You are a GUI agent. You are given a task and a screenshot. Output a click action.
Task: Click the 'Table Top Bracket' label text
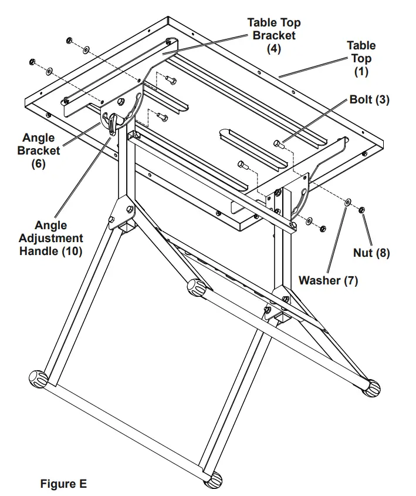pyautogui.click(x=273, y=29)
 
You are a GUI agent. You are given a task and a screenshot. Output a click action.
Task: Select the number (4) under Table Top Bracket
pyautogui.click(x=273, y=49)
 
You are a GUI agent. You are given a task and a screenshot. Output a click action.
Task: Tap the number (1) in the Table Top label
pyautogui.click(x=361, y=72)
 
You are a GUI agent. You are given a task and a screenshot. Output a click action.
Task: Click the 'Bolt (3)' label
pyautogui.click(x=369, y=99)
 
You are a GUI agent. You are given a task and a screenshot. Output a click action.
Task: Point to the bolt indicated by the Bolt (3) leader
pyautogui.click(x=279, y=143)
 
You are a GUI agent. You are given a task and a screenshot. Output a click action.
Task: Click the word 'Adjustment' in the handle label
pyautogui.click(x=51, y=238)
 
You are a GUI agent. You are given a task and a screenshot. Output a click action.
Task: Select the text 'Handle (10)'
pyautogui.click(x=51, y=251)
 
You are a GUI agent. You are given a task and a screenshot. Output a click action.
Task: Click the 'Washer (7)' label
pyautogui.click(x=328, y=280)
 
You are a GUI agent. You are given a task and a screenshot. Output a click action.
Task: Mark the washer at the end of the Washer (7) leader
pyautogui.click(x=349, y=202)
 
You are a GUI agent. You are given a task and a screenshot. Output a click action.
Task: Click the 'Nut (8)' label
pyautogui.click(x=371, y=253)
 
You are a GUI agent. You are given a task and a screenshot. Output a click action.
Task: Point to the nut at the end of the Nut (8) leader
pyautogui.click(x=363, y=208)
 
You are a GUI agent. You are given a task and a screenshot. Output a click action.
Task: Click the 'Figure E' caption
pyautogui.click(x=63, y=484)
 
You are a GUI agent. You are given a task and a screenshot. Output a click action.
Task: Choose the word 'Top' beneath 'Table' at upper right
pyautogui.click(x=361, y=58)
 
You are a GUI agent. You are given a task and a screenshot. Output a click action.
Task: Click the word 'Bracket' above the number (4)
pyautogui.click(x=273, y=35)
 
